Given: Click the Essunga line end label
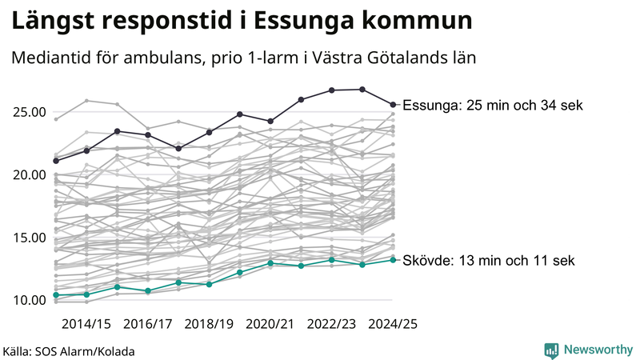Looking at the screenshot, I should [x=493, y=105].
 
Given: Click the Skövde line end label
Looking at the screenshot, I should [x=488, y=260].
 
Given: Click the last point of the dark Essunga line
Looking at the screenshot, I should [x=393, y=104].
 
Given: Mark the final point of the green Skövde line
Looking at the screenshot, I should [x=393, y=260].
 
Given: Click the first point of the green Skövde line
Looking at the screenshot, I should [x=56, y=295].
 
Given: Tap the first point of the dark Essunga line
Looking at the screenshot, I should [x=56, y=161].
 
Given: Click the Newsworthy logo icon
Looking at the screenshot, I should [x=551, y=350].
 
